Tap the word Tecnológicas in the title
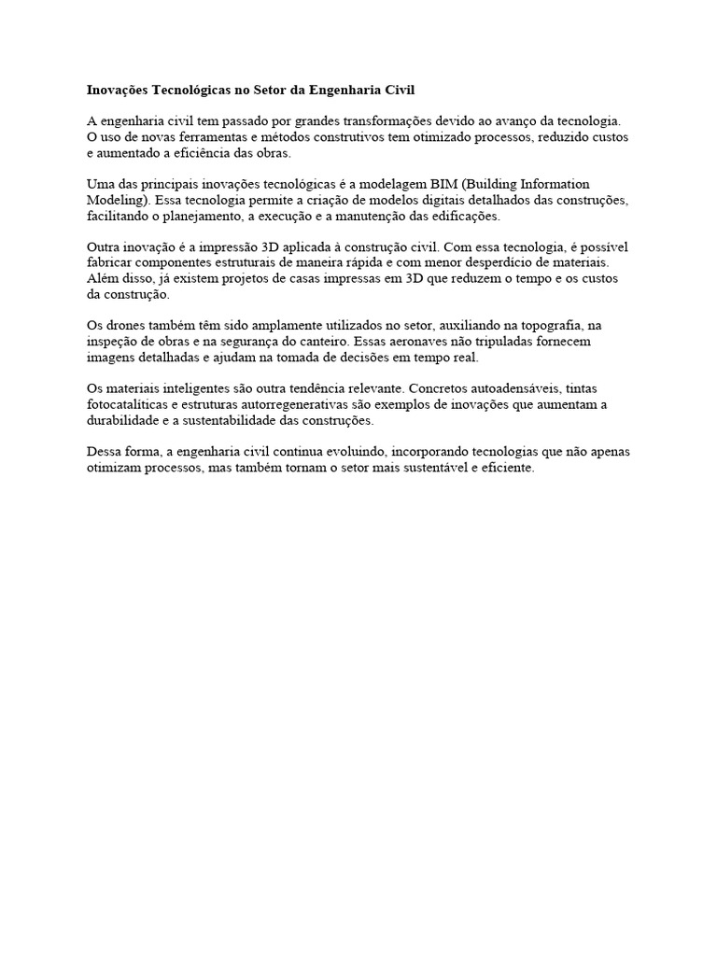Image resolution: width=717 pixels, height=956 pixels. (x=195, y=91)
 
